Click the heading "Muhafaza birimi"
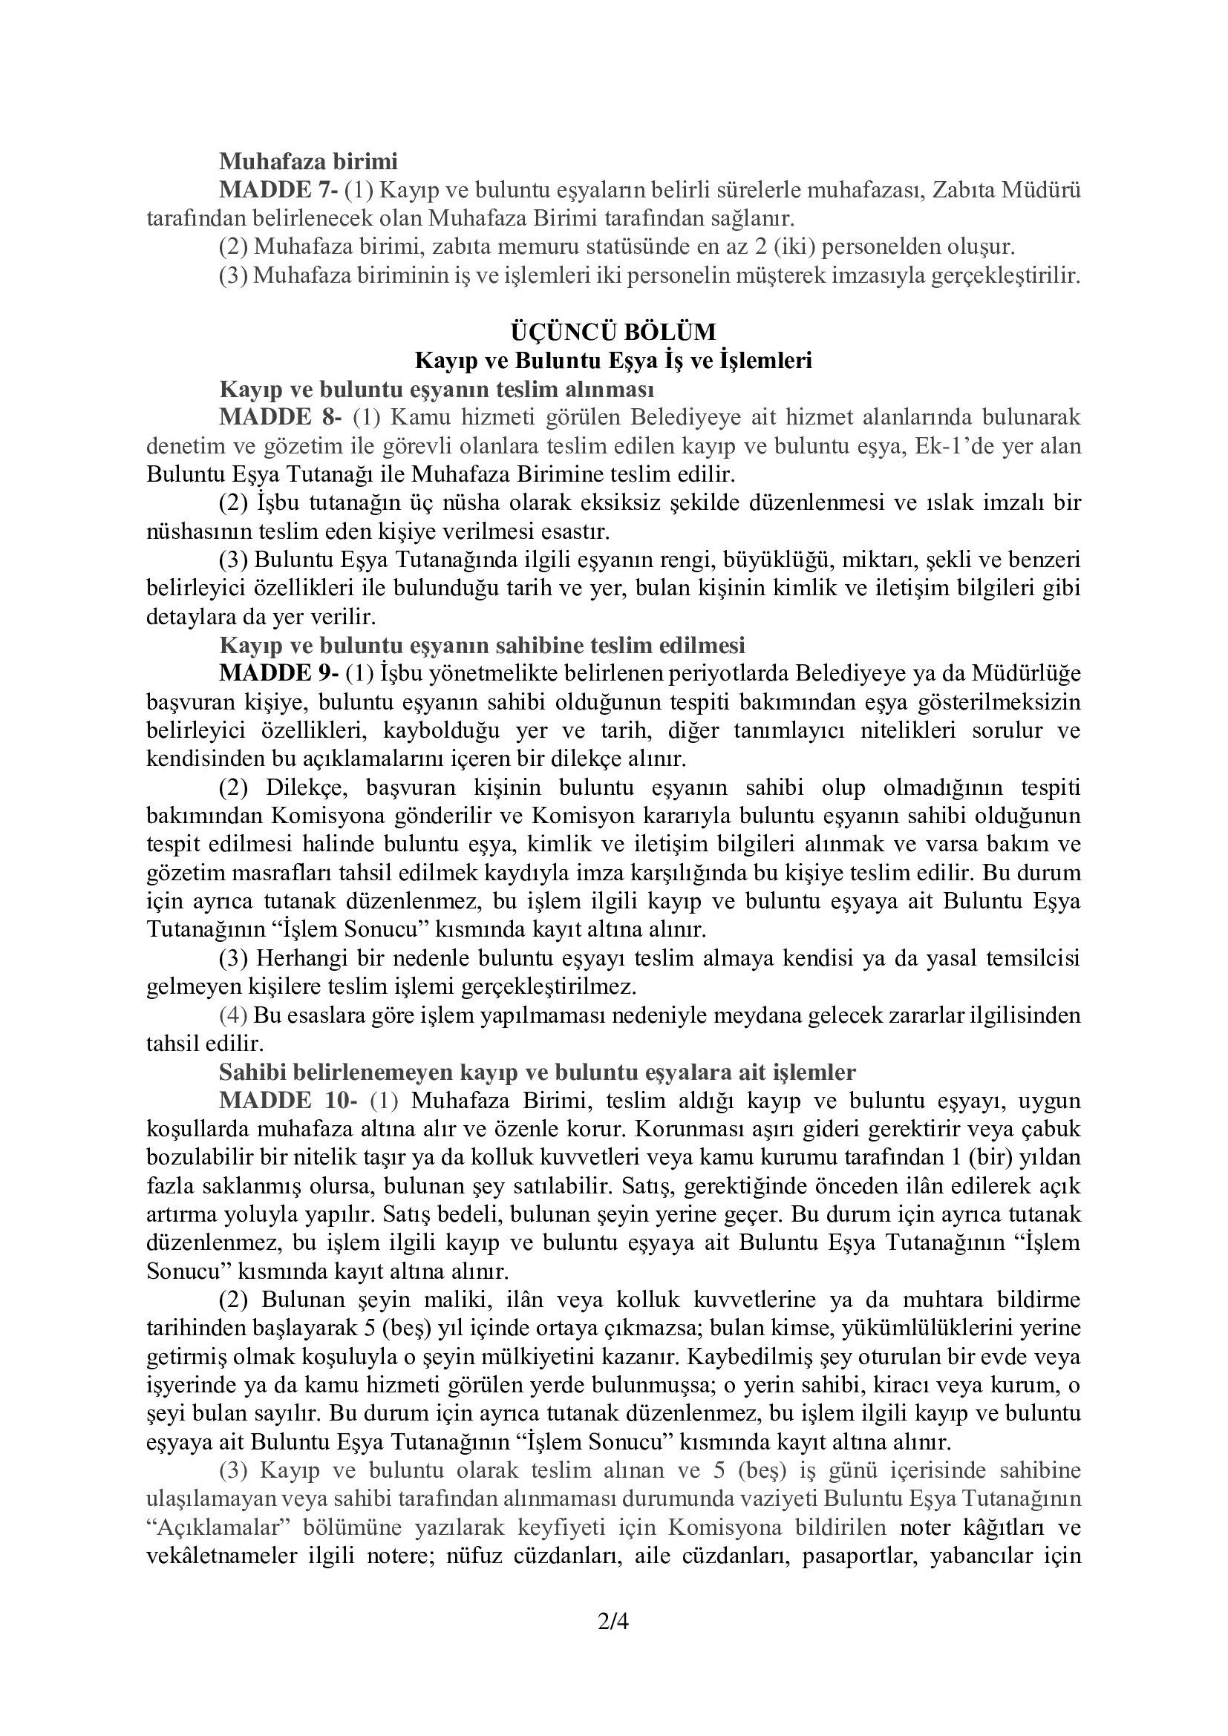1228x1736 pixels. pos(308,161)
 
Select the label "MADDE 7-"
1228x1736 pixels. pos(279,190)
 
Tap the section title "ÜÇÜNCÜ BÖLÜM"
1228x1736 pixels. pos(613,332)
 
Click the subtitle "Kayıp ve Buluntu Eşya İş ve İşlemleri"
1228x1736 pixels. pos(613,361)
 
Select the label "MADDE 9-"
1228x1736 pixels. pos(279,672)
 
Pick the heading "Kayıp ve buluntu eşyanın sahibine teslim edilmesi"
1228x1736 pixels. pos(482,645)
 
